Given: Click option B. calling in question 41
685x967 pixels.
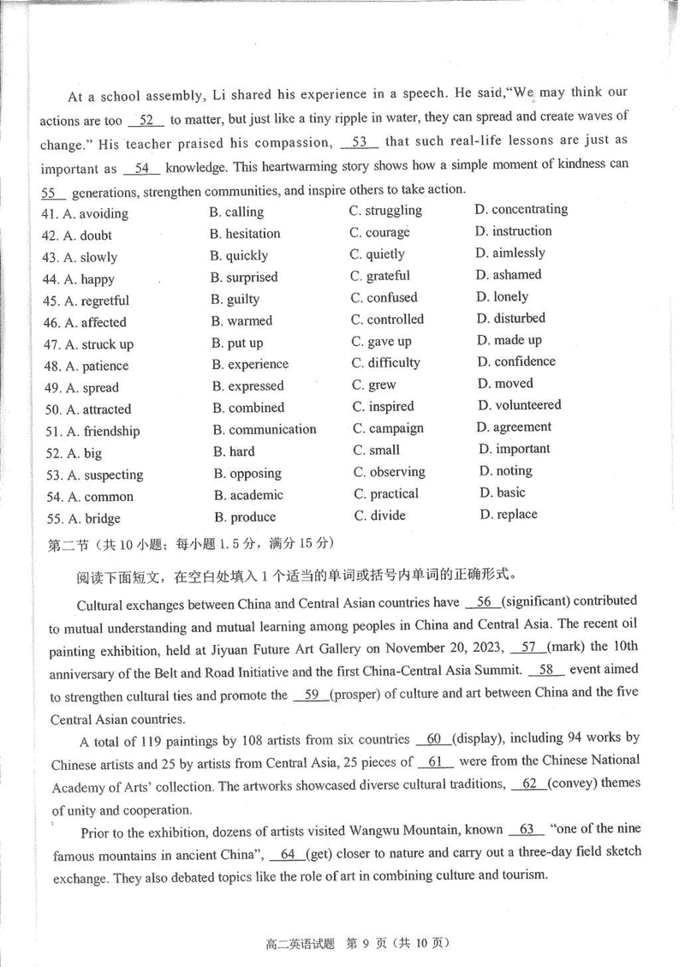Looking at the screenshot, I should tap(236, 212).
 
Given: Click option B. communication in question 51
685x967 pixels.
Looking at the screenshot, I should tap(265, 430).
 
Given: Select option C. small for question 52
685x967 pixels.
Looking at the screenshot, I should tap(376, 450).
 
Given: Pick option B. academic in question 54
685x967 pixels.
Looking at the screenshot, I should tap(249, 495).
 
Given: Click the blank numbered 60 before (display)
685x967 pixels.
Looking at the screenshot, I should tap(432, 738).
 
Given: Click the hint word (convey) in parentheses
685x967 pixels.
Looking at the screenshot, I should tap(575, 783).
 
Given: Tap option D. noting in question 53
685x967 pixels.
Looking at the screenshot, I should tap(506, 471).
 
